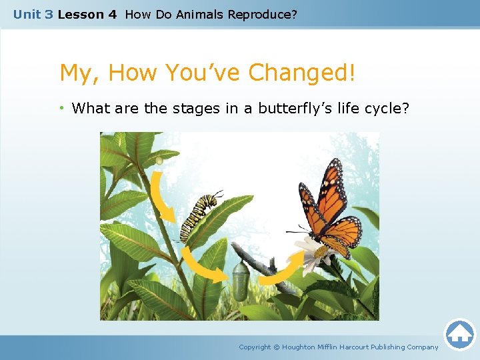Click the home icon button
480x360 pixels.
(459, 334)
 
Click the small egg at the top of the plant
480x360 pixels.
(159, 160)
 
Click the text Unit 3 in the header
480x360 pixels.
(33, 14)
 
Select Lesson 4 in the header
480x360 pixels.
(87, 14)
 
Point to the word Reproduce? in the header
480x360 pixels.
(264, 14)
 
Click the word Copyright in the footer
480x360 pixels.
(255, 347)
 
